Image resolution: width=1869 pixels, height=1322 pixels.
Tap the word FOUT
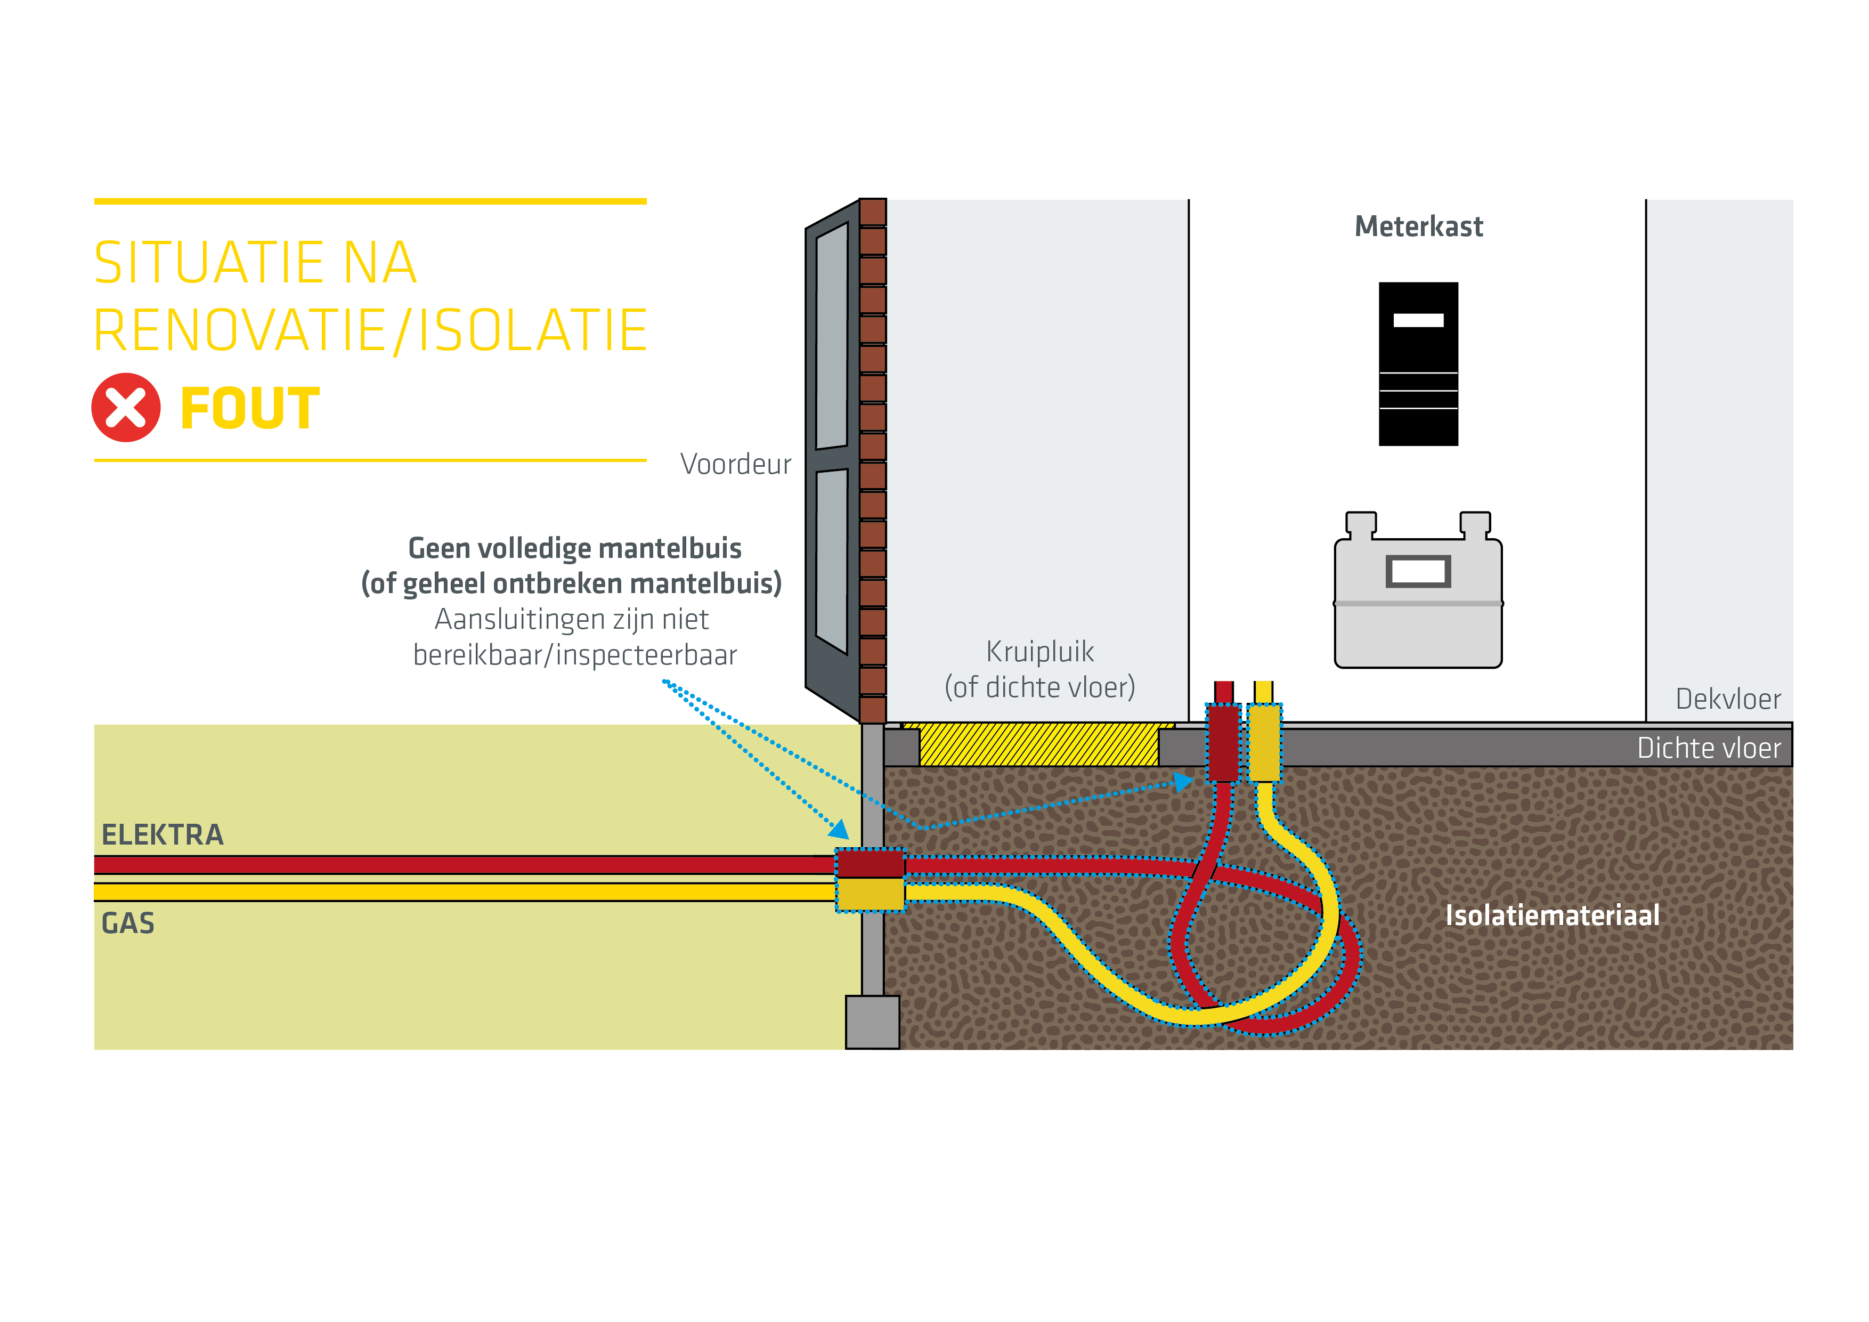250,409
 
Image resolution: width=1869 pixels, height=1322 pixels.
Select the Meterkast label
1418,226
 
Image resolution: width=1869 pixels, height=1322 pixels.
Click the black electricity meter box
1418,364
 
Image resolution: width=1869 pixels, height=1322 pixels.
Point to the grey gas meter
1418,603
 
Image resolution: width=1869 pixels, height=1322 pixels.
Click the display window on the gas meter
1418,571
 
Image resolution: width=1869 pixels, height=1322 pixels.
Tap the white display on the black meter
1418,320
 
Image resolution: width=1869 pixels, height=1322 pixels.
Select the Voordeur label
735,464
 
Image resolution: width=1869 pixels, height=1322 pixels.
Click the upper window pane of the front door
832,335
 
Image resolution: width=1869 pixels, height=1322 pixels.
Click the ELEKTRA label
162,835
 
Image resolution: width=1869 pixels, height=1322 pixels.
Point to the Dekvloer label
1727,699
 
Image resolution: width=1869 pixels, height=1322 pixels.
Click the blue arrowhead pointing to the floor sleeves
1184,782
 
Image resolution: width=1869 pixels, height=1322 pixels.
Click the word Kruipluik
1039,651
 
